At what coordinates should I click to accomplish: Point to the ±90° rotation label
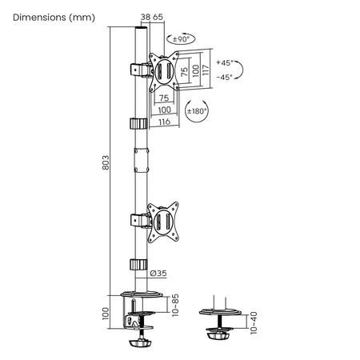tap(180, 38)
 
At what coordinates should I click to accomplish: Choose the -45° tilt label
tap(226, 77)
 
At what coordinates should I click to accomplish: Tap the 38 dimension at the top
tap(145, 16)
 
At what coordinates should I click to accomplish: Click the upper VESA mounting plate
tap(165, 71)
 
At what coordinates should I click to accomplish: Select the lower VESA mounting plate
tap(166, 219)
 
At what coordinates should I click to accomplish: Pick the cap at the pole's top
tap(141, 30)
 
